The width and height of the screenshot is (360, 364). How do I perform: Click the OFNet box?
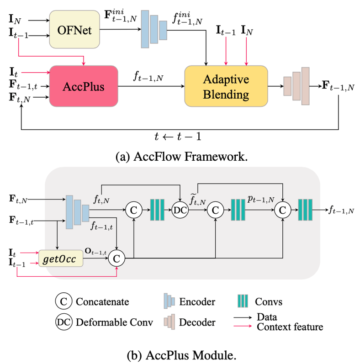(74, 30)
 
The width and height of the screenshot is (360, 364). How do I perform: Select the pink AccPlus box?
(84, 86)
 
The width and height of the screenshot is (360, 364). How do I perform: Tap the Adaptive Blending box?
(226, 86)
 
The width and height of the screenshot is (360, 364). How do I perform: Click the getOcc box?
(61, 258)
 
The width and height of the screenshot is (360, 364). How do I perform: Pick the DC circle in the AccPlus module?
(180, 210)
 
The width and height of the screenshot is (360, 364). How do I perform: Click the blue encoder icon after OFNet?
(154, 29)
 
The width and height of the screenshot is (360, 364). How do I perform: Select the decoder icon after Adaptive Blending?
(296, 86)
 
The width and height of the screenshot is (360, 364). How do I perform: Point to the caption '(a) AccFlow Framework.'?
(181, 157)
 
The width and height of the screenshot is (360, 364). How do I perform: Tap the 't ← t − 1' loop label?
(178, 136)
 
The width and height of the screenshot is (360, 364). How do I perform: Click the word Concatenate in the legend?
(102, 301)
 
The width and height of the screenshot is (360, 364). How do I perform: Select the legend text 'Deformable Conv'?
(114, 322)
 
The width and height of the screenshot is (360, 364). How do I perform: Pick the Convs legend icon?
(243, 301)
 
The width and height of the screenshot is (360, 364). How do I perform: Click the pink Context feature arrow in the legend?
(243, 326)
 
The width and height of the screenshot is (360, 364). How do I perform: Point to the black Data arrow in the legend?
(243, 317)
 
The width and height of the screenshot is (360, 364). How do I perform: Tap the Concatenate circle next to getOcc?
(116, 258)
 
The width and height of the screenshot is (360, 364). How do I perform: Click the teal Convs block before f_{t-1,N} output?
(305, 210)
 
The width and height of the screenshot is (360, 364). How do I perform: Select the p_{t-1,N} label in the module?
(261, 199)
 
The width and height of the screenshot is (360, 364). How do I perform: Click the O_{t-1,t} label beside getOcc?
(95, 251)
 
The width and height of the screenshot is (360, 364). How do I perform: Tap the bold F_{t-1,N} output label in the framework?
(338, 86)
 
